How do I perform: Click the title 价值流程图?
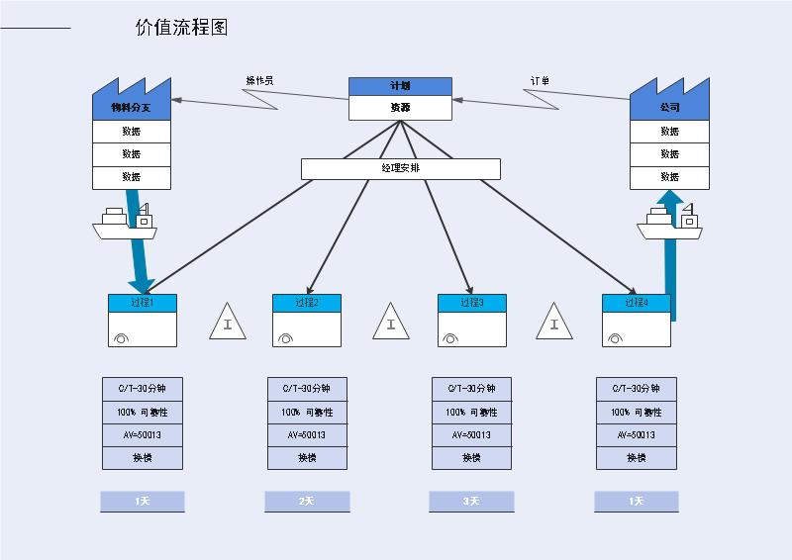[181, 28]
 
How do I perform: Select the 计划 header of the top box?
[400, 86]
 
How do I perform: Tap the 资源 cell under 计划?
[400, 108]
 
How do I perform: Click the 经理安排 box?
[400, 168]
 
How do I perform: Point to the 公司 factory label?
[669, 108]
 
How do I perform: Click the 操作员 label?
[259, 81]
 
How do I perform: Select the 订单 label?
[540, 81]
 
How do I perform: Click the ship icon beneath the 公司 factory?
[669, 225]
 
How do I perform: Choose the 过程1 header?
[142, 303]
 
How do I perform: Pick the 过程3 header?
[471, 303]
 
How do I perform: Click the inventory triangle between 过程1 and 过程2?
[228, 323]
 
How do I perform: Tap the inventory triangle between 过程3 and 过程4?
[554, 323]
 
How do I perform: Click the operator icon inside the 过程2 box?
[286, 337]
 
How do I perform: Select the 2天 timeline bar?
[307, 501]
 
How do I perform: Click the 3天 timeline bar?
[471, 501]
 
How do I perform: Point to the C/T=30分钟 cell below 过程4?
[637, 389]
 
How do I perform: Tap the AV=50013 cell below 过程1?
[142, 435]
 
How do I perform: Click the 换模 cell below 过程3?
[471, 458]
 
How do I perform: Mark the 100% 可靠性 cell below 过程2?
[307, 413]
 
